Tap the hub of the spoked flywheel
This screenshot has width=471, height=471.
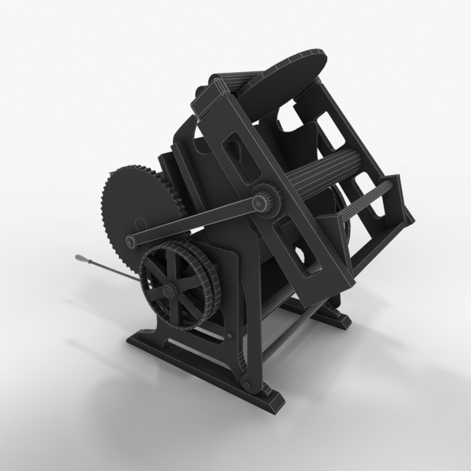168,291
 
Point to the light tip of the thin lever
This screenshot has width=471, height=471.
78,258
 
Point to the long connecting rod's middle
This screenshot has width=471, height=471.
194,221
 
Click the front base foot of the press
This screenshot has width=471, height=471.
200,368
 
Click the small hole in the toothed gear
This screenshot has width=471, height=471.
139,223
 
